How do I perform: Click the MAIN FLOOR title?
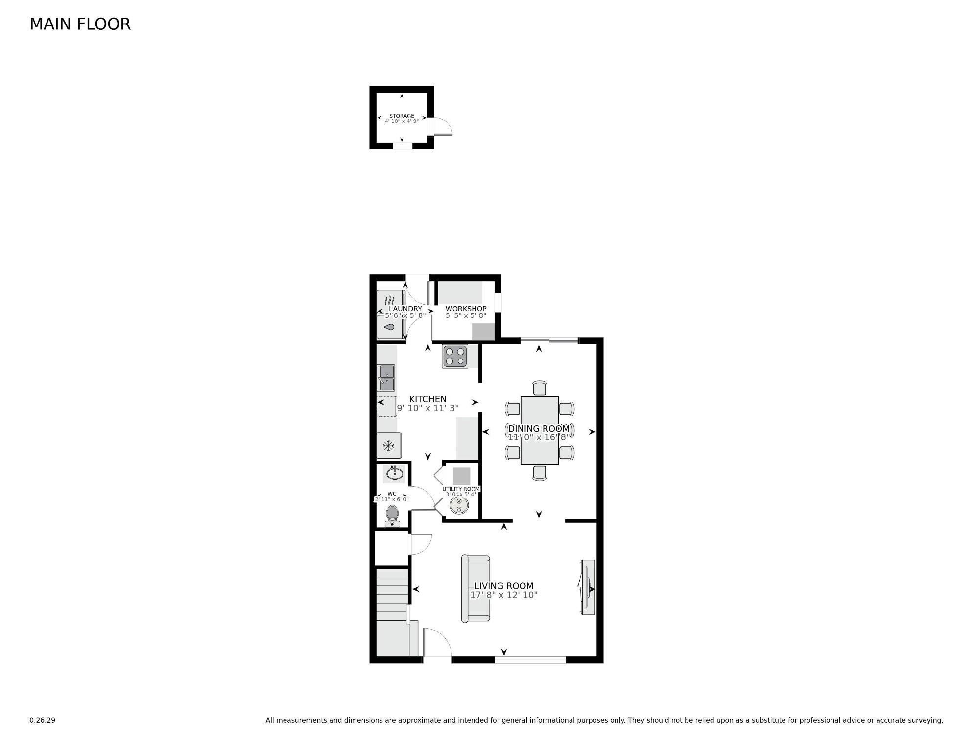click(x=80, y=24)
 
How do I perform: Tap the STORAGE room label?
click(x=402, y=116)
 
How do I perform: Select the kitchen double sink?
click(x=386, y=378)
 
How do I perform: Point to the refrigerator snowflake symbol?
click(x=388, y=446)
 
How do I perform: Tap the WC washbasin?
click(x=394, y=473)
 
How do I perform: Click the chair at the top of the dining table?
click(x=539, y=388)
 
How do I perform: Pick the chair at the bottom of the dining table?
click(x=539, y=472)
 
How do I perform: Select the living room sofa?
click(x=475, y=588)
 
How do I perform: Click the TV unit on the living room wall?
click(x=588, y=587)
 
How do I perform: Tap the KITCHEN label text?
click(x=427, y=399)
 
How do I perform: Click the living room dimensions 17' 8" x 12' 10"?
click(x=503, y=595)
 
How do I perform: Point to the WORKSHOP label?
click(x=466, y=309)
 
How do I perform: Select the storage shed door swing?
click(x=443, y=127)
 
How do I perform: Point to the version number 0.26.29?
click(x=42, y=720)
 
